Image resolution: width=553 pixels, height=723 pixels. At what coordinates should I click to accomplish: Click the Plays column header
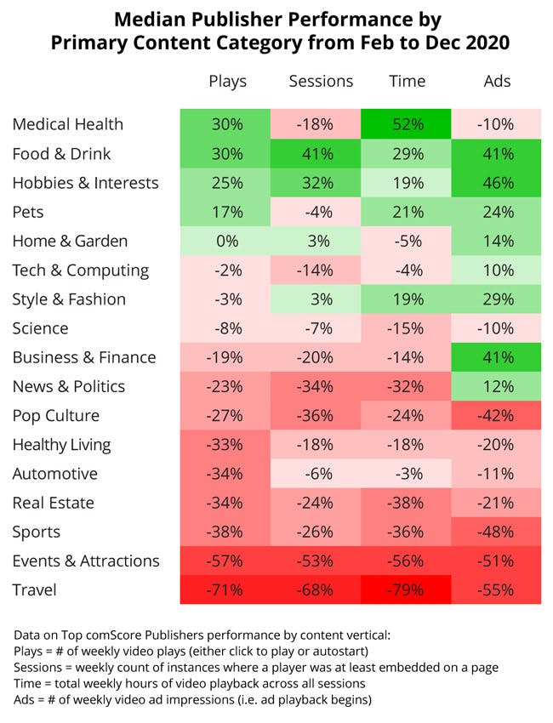pyautogui.click(x=227, y=82)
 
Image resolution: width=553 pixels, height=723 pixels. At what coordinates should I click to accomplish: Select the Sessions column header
pyautogui.click(x=321, y=82)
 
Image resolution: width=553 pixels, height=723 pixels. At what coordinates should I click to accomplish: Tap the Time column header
pyautogui.click(x=407, y=82)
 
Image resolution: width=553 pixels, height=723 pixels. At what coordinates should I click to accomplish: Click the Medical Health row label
pyautogui.click(x=68, y=124)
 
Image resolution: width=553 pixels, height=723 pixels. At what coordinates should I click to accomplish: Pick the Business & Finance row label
pyautogui.click(x=84, y=357)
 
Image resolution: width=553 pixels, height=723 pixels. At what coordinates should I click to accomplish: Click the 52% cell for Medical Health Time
pyautogui.click(x=407, y=124)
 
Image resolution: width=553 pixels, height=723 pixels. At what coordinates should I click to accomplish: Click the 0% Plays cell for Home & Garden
pyautogui.click(x=227, y=241)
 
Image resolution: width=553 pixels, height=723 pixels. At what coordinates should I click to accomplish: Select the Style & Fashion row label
pyautogui.click(x=69, y=299)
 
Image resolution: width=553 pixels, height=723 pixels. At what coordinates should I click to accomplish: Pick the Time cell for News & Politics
pyautogui.click(x=407, y=387)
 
